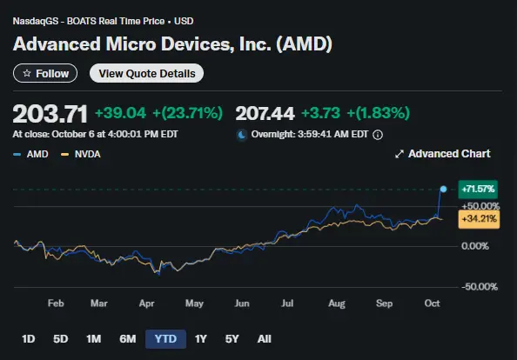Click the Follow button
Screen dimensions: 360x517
pyautogui.click(x=45, y=74)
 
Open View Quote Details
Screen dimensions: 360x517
pyautogui.click(x=146, y=74)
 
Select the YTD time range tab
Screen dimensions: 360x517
pyautogui.click(x=165, y=338)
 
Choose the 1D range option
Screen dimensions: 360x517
pyautogui.click(x=28, y=338)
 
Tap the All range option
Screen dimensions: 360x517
pyautogui.click(x=265, y=338)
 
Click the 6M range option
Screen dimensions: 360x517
pyautogui.click(x=127, y=338)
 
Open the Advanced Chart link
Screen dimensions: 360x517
pyautogui.click(x=442, y=154)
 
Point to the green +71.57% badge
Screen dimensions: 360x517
pyautogui.click(x=479, y=188)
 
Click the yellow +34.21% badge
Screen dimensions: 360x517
pyautogui.click(x=479, y=218)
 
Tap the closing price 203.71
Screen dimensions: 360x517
pyautogui.click(x=50, y=113)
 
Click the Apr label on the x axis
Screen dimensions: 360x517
pyautogui.click(x=146, y=305)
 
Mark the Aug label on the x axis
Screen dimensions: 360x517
pyautogui.click(x=337, y=305)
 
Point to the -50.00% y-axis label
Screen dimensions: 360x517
pyautogui.click(x=479, y=287)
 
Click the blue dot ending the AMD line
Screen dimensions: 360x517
pyautogui.click(x=444, y=189)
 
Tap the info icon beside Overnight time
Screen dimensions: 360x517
pyautogui.click(x=378, y=135)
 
